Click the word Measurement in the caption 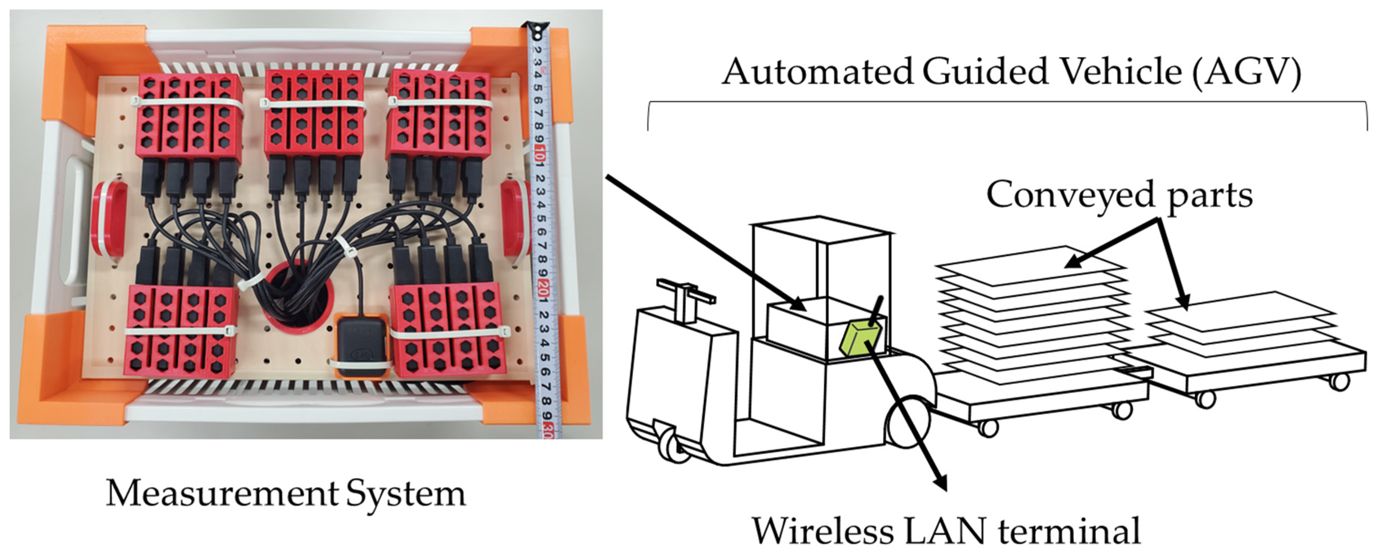pos(222,493)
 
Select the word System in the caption pos(406,493)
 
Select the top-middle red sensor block pos(314,112)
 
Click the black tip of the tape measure pos(536,29)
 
